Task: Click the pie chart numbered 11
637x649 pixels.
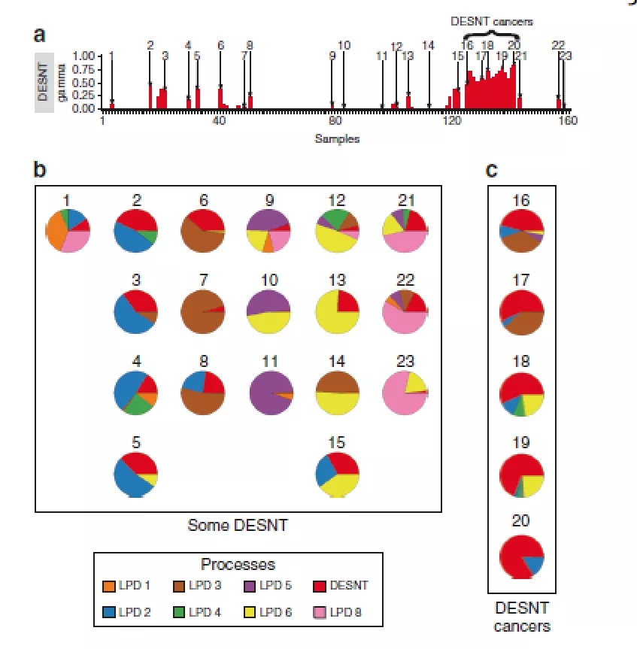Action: pos(268,393)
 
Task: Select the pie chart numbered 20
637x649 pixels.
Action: pos(521,557)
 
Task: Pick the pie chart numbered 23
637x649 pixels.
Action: pos(405,393)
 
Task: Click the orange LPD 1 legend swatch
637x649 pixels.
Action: pos(110,586)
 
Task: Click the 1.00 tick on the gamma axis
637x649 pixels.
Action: pos(85,56)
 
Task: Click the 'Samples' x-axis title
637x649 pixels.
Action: pos(337,138)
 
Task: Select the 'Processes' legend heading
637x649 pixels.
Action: pos(238,564)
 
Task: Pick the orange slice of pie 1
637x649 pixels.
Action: pos(57,231)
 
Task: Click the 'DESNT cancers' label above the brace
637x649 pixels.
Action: pos(491,21)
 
